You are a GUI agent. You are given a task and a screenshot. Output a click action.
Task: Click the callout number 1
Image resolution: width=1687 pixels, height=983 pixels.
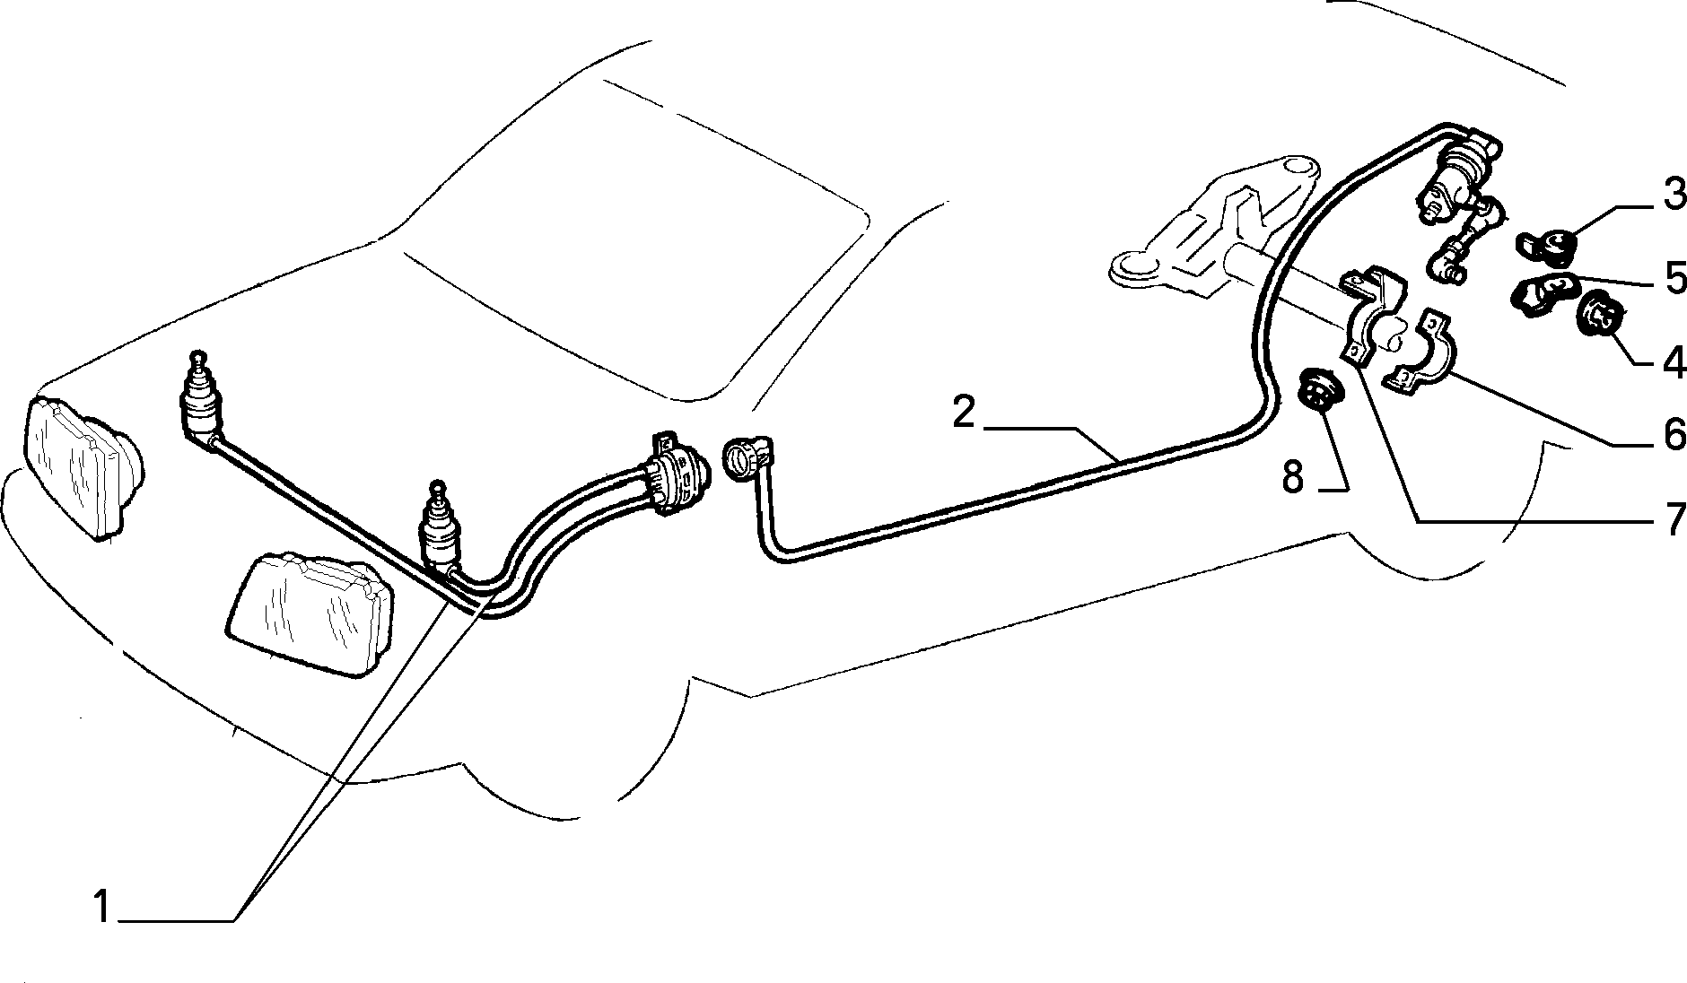(103, 908)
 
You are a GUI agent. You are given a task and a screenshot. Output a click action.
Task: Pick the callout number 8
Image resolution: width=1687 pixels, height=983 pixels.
(1292, 478)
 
